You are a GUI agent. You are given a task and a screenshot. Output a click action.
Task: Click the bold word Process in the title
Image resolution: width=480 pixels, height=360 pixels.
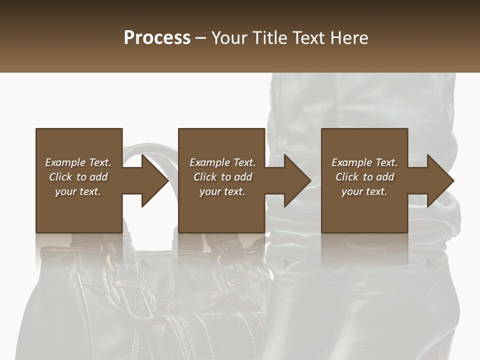[x=157, y=38]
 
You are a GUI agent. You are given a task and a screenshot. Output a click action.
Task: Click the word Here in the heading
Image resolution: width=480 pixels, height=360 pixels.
[x=349, y=38]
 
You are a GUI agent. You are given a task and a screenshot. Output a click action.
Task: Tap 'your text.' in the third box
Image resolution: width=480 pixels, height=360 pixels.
[x=364, y=191]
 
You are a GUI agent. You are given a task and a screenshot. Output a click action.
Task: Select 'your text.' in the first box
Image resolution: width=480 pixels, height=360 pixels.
[x=78, y=191]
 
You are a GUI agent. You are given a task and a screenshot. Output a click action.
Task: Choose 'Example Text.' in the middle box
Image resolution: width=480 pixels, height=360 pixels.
[x=222, y=162]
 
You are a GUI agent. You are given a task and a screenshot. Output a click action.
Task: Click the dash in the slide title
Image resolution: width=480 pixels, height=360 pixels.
[x=201, y=38]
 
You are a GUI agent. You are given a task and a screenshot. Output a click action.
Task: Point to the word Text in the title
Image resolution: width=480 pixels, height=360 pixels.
[x=308, y=38]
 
